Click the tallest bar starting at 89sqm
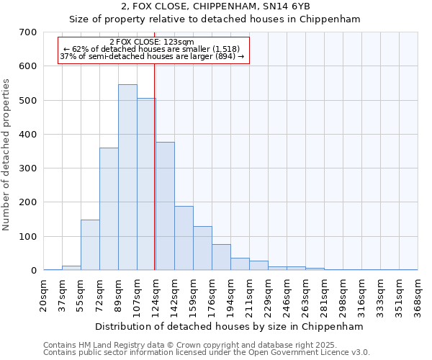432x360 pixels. (x=127, y=177)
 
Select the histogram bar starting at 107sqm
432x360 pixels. (x=146, y=184)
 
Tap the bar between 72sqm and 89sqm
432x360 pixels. (x=109, y=209)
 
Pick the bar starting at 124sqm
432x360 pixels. (x=165, y=206)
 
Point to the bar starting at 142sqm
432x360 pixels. (x=184, y=238)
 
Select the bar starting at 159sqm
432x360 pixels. (x=202, y=248)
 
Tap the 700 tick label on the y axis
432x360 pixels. (x=28, y=32)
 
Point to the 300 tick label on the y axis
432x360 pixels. (x=28, y=168)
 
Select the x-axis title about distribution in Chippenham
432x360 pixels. (x=230, y=326)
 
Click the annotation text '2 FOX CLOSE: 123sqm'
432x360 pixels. (x=152, y=42)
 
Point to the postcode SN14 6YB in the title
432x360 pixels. (x=285, y=6)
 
